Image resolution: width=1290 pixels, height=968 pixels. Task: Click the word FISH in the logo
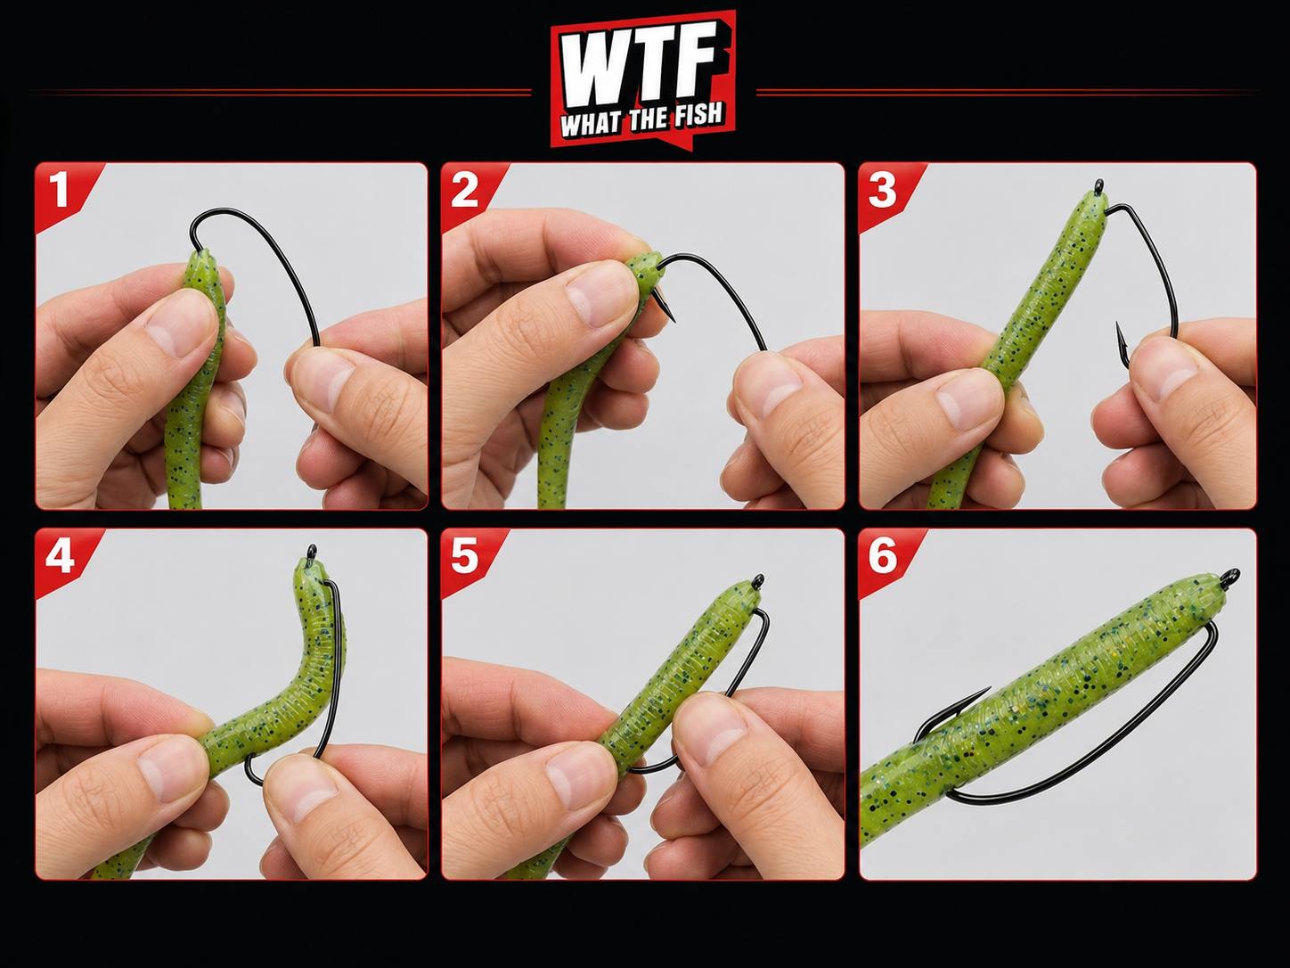[x=697, y=118]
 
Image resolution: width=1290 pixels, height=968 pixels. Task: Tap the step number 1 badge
[x=59, y=189]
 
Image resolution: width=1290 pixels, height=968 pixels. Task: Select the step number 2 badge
[x=464, y=189]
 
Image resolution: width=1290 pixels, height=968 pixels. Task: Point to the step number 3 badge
[x=882, y=189]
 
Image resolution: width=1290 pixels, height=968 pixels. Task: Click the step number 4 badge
[x=60, y=555]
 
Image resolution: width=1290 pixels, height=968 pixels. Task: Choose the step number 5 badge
[x=465, y=556]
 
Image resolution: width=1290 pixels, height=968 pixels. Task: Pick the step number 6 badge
[x=882, y=556]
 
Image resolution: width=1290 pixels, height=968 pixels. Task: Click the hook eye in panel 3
[x=1098, y=185]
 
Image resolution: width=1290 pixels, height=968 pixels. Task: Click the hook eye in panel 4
[x=312, y=551]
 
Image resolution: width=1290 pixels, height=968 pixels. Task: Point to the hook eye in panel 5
[x=759, y=581]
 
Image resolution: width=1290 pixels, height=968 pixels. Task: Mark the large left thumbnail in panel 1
[x=176, y=325]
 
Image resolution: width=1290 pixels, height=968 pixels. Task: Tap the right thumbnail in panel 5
[x=721, y=733]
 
